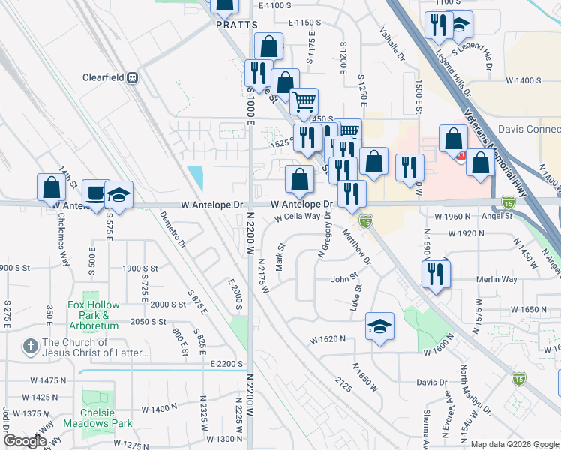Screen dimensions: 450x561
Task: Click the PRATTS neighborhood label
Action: click(231, 25)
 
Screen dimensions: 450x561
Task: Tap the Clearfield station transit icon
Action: click(133, 77)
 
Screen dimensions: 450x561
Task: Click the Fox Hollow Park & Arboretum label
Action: click(94, 315)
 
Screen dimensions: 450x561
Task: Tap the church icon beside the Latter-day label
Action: click(29, 346)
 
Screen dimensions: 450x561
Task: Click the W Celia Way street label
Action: click(303, 217)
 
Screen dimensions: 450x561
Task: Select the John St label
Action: click(345, 280)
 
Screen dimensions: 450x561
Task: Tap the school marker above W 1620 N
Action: click(380, 326)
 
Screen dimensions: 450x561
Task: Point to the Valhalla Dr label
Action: click(391, 45)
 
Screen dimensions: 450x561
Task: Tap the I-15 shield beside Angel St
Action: click(508, 202)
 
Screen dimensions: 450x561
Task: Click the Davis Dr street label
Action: click(431, 382)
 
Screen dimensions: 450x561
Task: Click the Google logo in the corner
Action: click(25, 441)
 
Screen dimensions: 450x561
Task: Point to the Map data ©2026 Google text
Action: click(515, 443)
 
